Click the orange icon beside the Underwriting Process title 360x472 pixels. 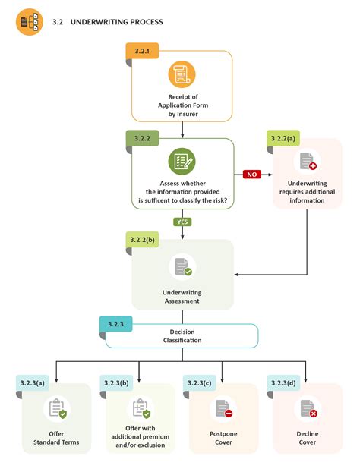[x=30, y=22]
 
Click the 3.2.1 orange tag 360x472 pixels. [x=142, y=51]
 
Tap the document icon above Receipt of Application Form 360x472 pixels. [x=182, y=74]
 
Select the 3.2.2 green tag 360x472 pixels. [x=142, y=139]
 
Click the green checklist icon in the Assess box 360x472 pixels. [x=182, y=162]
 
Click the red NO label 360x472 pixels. [x=251, y=174]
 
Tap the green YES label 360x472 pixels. [x=182, y=222]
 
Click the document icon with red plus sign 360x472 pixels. [x=307, y=162]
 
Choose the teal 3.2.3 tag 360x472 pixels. [x=115, y=324]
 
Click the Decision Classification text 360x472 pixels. [x=182, y=336]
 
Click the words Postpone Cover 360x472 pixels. [x=223, y=438]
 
